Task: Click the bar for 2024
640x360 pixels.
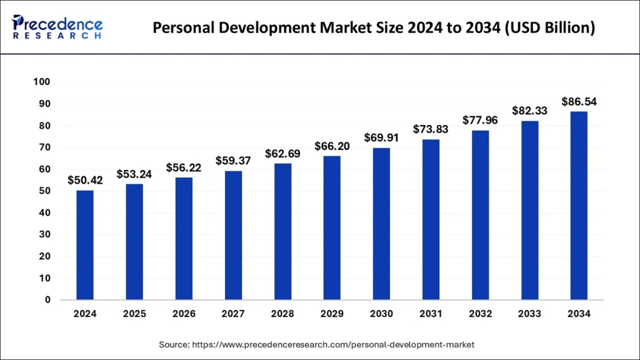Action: click(x=84, y=245)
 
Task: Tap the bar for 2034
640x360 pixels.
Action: click(x=579, y=206)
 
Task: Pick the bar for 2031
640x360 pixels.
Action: click(x=431, y=219)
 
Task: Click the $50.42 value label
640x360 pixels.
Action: click(x=84, y=180)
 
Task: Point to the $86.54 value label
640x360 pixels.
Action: click(x=579, y=101)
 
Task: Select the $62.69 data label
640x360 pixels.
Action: click(x=282, y=153)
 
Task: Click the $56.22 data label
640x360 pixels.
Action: click(x=183, y=167)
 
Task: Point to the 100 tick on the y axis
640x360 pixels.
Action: click(x=42, y=82)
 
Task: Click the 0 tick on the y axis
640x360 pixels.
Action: click(x=47, y=300)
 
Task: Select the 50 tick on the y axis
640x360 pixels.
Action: click(x=44, y=191)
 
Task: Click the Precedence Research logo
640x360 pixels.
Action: click(x=57, y=27)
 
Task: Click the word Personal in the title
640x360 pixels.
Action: click(x=182, y=28)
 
